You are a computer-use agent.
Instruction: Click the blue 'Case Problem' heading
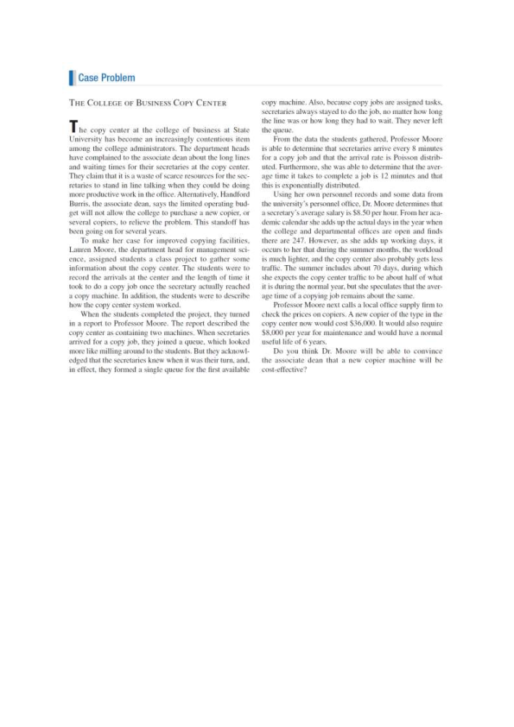[106, 79]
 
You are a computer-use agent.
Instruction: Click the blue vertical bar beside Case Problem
[71, 79]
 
